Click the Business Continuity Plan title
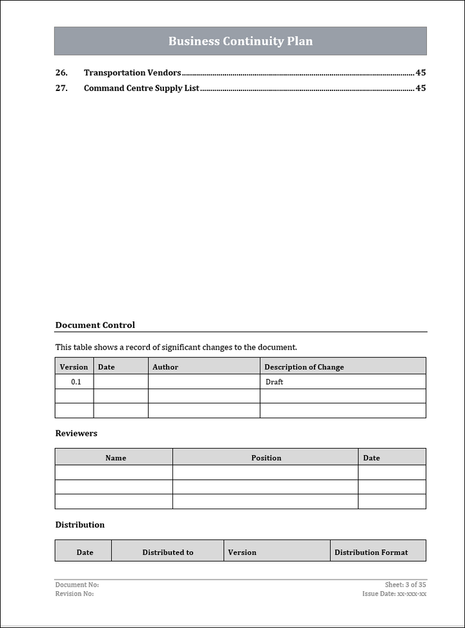pos(240,41)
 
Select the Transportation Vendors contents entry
pos(132,73)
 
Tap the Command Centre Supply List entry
pos(141,88)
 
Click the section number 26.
pos(61,73)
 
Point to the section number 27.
pos(61,88)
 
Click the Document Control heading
pos(95,325)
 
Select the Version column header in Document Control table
pos(74,367)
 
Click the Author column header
pos(165,367)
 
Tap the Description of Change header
pos(304,367)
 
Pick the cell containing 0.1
pos(76,382)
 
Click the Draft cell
pos(274,382)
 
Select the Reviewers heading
pos(76,433)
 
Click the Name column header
pos(116,458)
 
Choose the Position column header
pos(266,458)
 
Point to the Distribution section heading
pos(79,525)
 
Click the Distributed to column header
pos(168,552)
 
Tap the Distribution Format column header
pos(371,552)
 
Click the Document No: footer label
pos(77,585)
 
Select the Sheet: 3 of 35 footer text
pos(405,585)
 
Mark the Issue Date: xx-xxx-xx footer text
pos(394,594)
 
